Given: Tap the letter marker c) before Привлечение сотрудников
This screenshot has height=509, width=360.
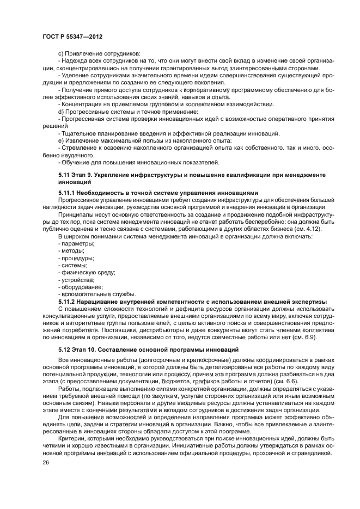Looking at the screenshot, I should click(60, 53).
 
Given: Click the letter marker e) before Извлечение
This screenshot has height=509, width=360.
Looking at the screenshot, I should click(60, 140).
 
